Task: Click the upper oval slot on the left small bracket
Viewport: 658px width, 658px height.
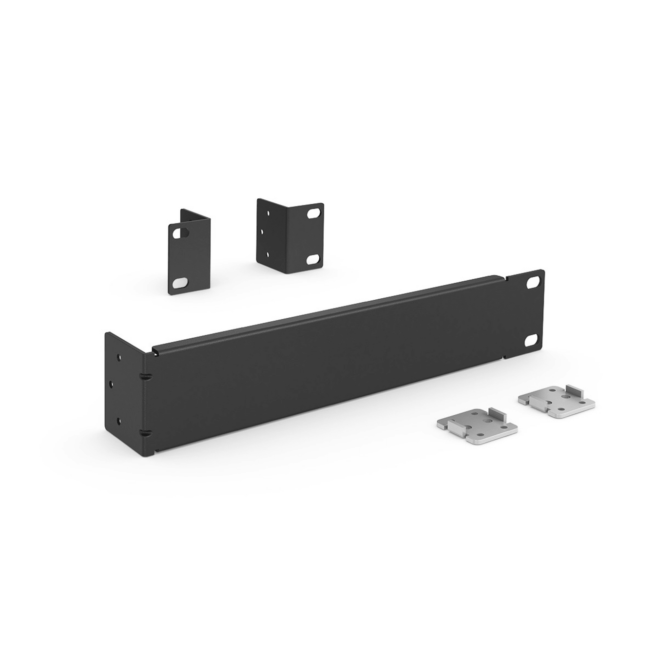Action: [184, 233]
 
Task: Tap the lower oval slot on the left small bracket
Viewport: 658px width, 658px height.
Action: [180, 282]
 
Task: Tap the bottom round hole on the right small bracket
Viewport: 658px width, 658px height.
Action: [267, 253]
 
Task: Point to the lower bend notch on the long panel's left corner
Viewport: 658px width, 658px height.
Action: [145, 432]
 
